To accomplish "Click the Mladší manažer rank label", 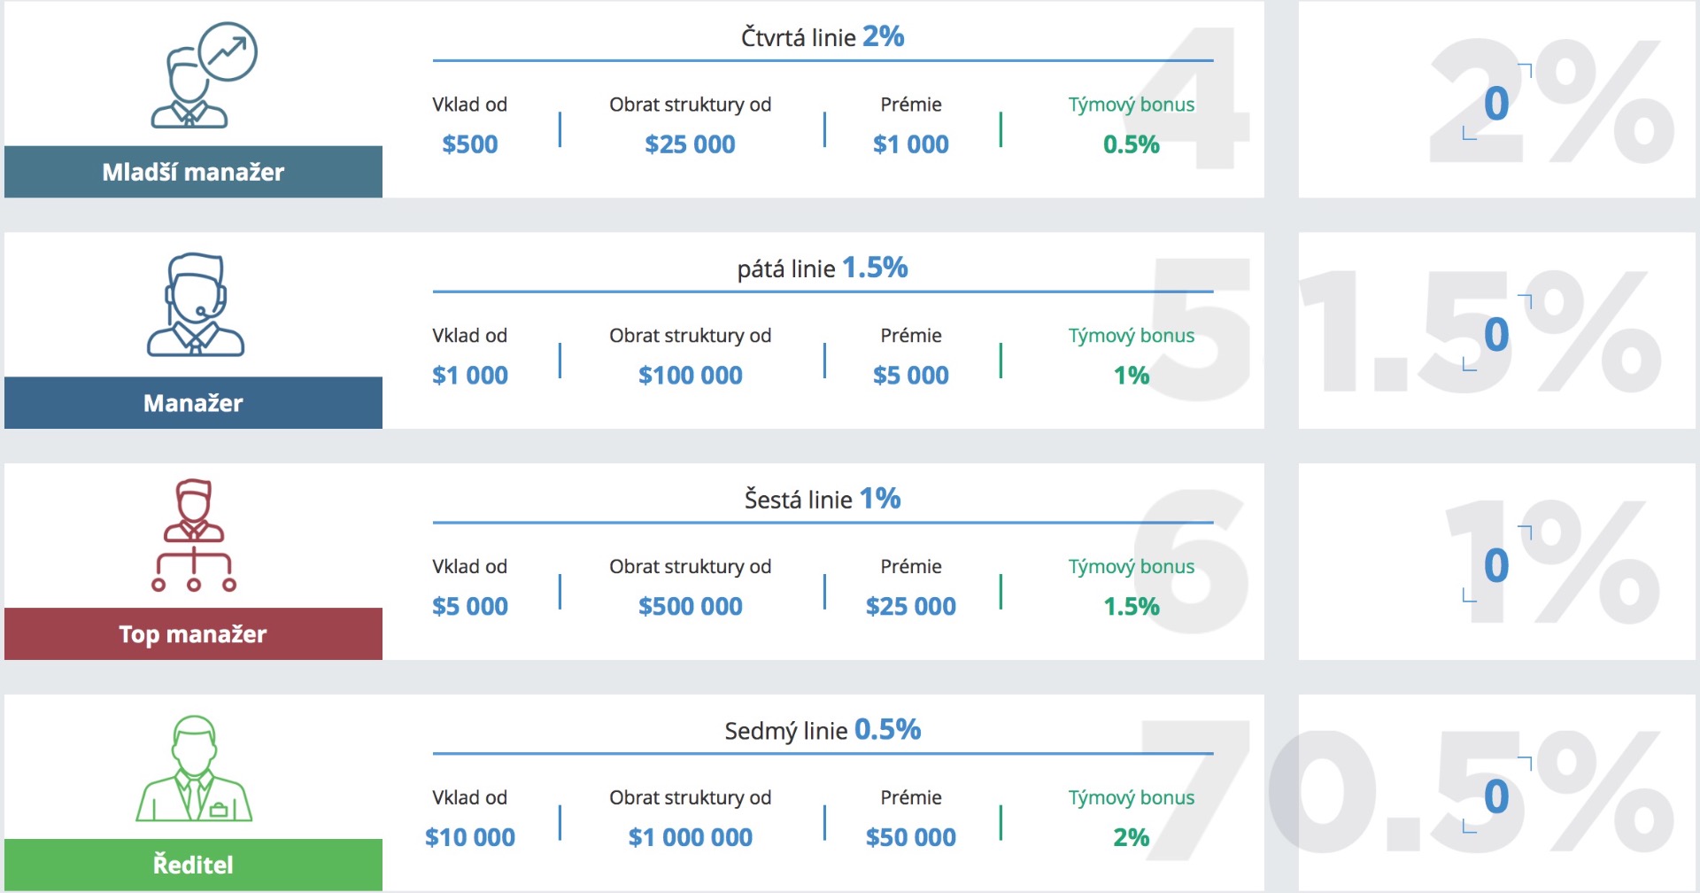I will click(193, 172).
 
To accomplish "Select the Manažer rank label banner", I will click(193, 403).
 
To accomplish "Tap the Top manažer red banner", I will click(193, 634).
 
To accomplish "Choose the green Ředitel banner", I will click(193, 865).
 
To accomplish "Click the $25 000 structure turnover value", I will click(690, 144).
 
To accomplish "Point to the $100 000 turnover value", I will click(690, 376).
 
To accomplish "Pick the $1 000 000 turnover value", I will click(690, 837).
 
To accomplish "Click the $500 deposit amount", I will click(469, 144).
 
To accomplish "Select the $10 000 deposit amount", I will click(469, 837).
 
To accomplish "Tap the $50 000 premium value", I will click(910, 837).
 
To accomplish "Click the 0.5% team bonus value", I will click(1131, 144).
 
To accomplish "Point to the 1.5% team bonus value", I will click(1131, 607).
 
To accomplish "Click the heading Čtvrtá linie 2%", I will click(822, 37).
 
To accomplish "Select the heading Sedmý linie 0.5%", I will click(822, 730).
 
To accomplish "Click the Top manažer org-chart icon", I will click(193, 535).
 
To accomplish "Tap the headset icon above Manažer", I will click(195, 305).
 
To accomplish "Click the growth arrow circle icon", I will click(228, 52).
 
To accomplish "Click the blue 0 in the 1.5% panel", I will click(1496, 335).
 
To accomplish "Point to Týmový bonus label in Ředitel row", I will click(1131, 797).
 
